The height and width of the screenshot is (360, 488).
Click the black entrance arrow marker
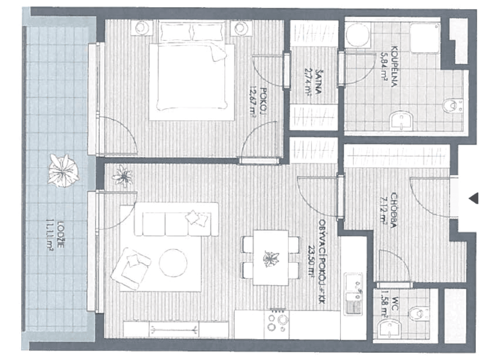coord(474,198)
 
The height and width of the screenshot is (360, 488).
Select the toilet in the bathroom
coord(451,105)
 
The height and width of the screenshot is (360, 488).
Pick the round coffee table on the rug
coord(173,263)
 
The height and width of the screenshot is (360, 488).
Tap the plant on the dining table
coord(270,259)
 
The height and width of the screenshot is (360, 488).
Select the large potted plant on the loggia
coord(63,170)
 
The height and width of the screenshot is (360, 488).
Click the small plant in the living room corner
coord(123,176)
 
